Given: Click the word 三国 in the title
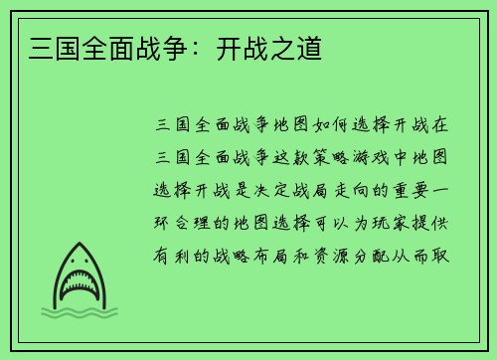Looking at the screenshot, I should click(x=43, y=46).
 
